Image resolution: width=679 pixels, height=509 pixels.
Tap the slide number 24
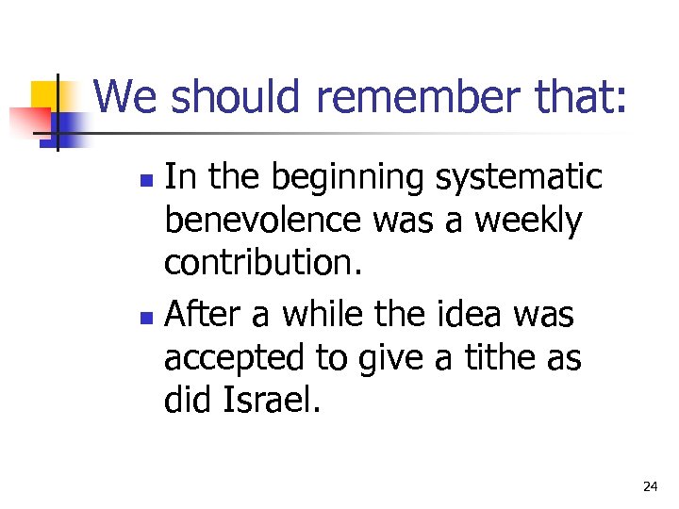(x=650, y=486)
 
